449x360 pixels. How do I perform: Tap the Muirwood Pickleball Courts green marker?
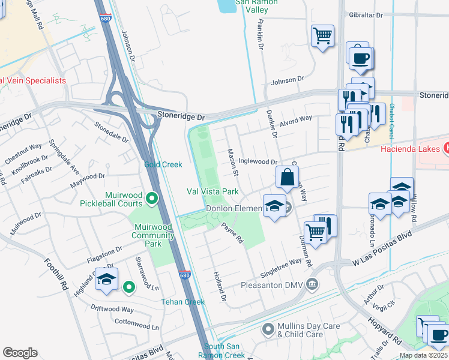(x=152, y=197)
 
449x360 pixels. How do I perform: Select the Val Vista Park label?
(x=212, y=191)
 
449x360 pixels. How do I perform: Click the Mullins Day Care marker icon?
(x=268, y=328)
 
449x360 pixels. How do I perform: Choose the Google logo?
(x=20, y=352)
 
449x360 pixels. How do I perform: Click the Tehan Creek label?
(x=182, y=302)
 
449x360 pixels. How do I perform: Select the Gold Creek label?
(x=163, y=164)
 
